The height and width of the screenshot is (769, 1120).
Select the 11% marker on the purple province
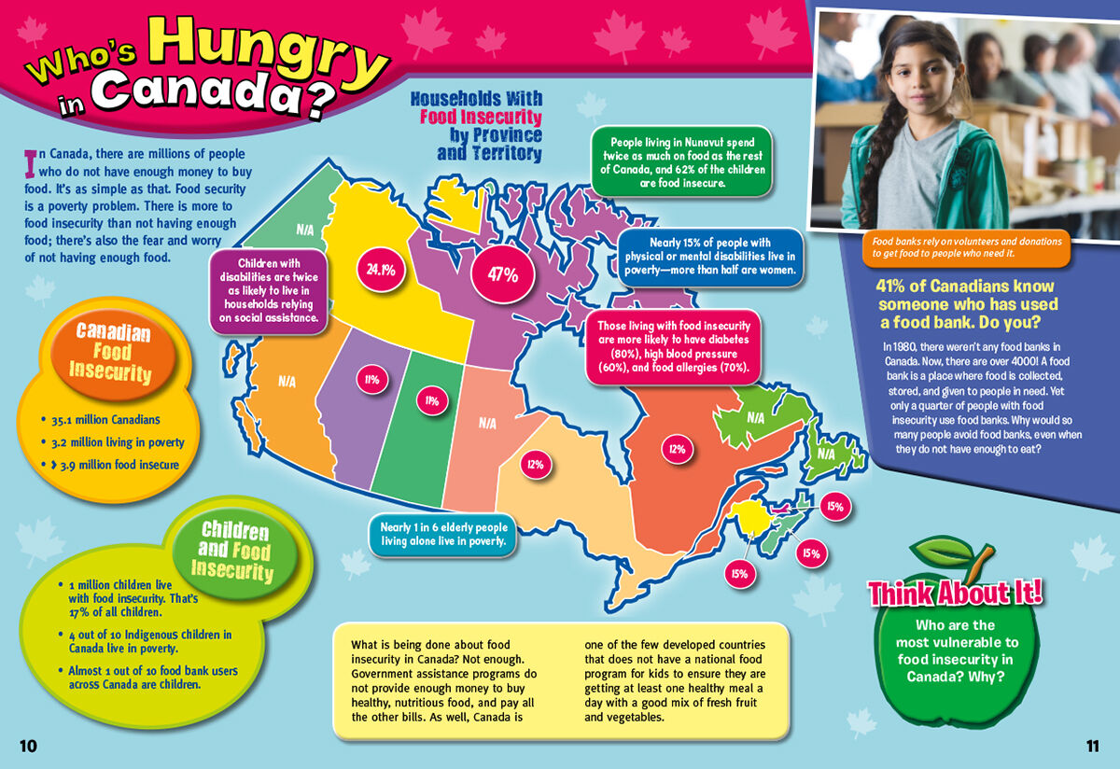click(x=371, y=380)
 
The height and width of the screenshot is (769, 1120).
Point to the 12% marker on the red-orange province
click(x=677, y=449)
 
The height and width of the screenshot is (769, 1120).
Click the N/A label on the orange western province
click(x=287, y=382)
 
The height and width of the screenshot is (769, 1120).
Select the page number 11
click(x=1093, y=745)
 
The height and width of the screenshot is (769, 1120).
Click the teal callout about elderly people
click(x=443, y=534)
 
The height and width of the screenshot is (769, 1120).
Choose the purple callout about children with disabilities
click(x=271, y=290)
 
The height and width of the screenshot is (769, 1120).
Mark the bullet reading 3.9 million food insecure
click(x=119, y=464)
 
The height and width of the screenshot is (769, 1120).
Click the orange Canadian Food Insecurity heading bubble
click(x=113, y=352)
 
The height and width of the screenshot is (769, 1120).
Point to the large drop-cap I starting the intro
click(x=30, y=162)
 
